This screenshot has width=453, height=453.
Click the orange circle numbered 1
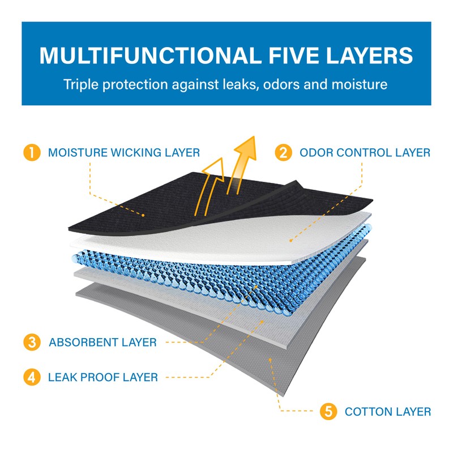[32, 153]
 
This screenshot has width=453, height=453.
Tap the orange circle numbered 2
[283, 153]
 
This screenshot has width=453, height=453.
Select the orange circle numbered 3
[32, 342]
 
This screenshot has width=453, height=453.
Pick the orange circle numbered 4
[32, 377]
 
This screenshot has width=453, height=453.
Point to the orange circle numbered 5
[328, 412]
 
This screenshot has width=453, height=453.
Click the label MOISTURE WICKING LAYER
[124, 153]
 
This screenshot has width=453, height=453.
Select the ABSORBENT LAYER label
[102, 343]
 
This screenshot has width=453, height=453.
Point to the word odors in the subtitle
[294, 85]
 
